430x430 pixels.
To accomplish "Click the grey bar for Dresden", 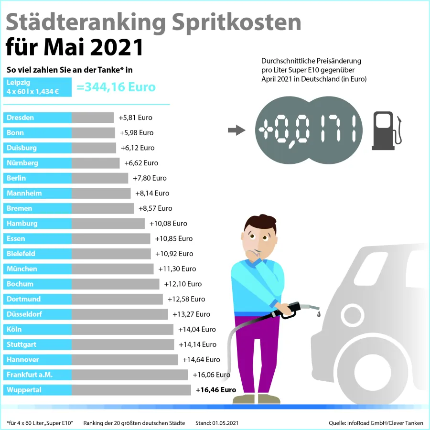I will tap(93, 118).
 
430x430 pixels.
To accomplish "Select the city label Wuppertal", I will tap(24, 390).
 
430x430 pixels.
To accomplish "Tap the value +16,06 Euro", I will tap(211, 375).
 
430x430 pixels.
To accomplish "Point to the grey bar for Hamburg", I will tap(108, 224).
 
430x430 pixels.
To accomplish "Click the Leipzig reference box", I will tap(37, 87).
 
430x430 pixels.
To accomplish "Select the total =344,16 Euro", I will tap(116, 87).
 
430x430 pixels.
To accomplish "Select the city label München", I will tap(22, 269).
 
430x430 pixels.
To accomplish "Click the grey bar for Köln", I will tap(122, 329).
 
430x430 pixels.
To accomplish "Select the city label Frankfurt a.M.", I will tap(30, 375).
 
